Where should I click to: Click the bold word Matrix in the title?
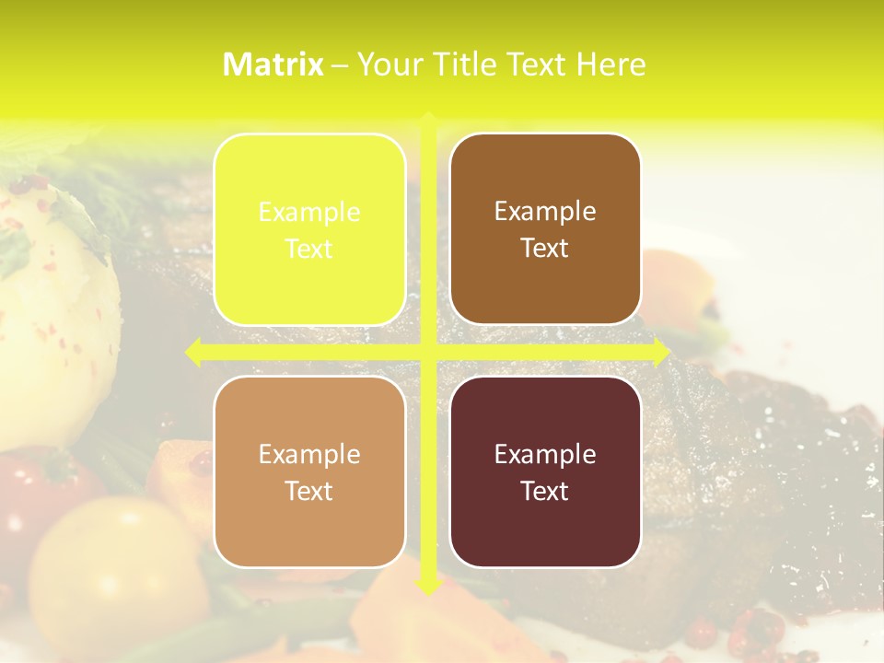coord(273,64)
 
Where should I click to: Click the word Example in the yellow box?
coord(309,213)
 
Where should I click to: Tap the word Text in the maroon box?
coord(545,491)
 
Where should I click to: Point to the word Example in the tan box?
coord(309,455)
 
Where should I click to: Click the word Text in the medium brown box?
coord(545,248)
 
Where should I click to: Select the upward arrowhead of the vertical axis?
coord(428,120)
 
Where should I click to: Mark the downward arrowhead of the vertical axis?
coord(428,586)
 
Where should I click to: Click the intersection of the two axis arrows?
coord(428,352)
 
